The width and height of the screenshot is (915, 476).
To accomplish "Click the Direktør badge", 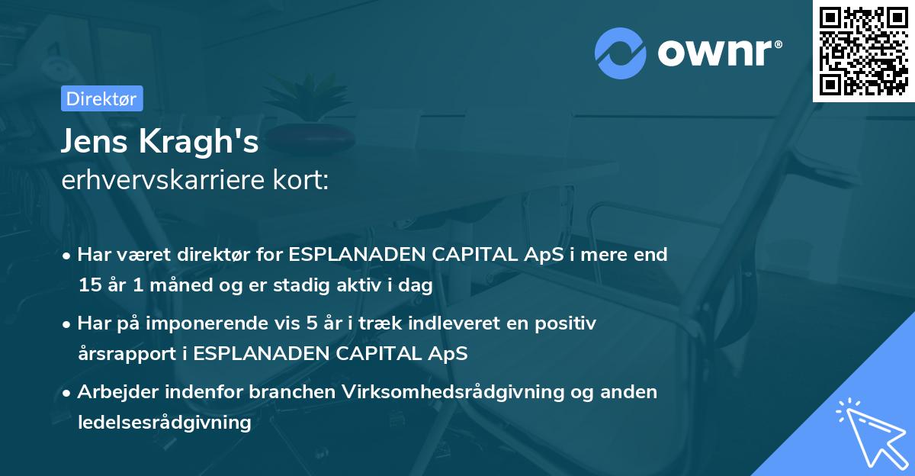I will pos(101,98).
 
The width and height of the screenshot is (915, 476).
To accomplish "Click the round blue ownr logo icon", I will pos(621,53).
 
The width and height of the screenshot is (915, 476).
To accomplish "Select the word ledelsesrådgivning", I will pos(164,423).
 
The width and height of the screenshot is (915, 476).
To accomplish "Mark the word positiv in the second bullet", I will pos(566,323).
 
